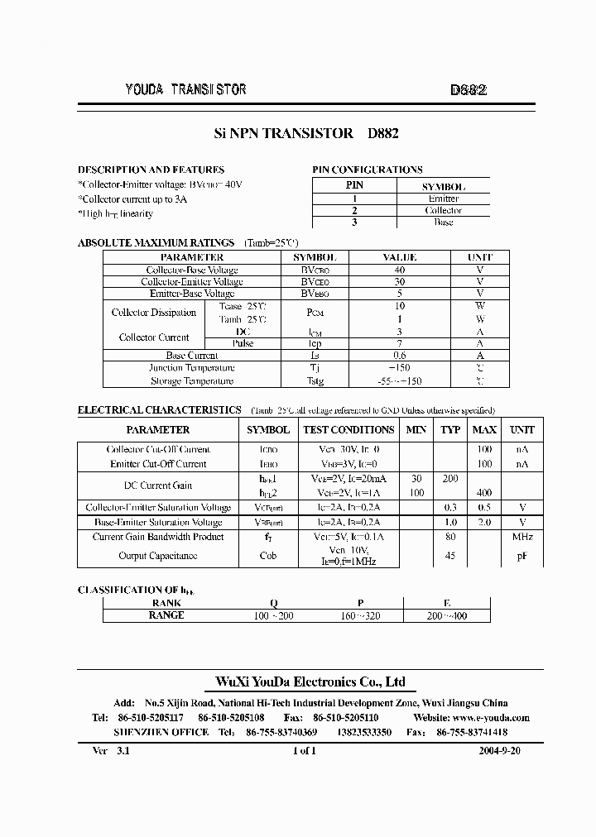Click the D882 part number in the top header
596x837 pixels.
468,91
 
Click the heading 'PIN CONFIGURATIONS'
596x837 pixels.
367,170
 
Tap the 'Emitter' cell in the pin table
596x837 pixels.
444,198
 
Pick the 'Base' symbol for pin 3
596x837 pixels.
444,222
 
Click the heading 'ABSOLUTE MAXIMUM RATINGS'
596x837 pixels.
156,243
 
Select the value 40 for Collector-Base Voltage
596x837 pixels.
400,270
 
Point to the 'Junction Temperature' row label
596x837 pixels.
191,368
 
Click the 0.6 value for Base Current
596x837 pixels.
400,356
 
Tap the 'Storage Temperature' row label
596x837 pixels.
191,381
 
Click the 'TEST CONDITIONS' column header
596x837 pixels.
348,430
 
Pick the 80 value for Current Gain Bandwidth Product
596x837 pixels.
450,537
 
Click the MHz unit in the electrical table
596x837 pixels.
522,537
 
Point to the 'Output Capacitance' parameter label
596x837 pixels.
158,556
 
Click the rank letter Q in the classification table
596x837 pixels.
274,603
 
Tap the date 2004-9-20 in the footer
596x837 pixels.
499,751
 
